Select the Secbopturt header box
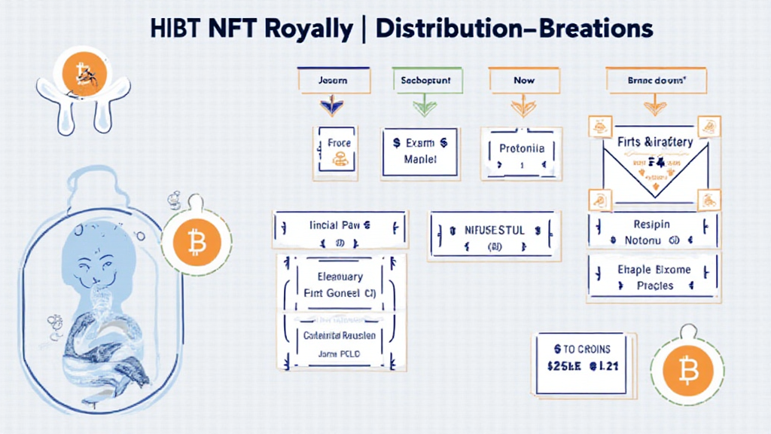point(425,79)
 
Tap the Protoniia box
point(521,154)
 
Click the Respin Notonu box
point(651,232)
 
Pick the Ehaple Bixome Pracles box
point(651,278)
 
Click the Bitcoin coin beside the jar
point(197,243)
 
